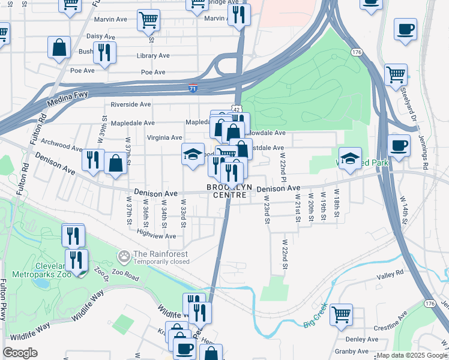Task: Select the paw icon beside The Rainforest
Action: [x=124, y=257]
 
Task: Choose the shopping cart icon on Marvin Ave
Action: [x=148, y=20]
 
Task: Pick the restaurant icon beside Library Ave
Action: [x=104, y=53]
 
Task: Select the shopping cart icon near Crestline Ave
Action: [x=341, y=314]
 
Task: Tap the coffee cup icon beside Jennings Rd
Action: [x=399, y=145]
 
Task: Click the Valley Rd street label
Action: [x=390, y=274]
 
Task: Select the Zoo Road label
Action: [x=124, y=279]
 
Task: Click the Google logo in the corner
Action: [x=20, y=353]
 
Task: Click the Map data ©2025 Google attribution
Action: [x=411, y=355]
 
